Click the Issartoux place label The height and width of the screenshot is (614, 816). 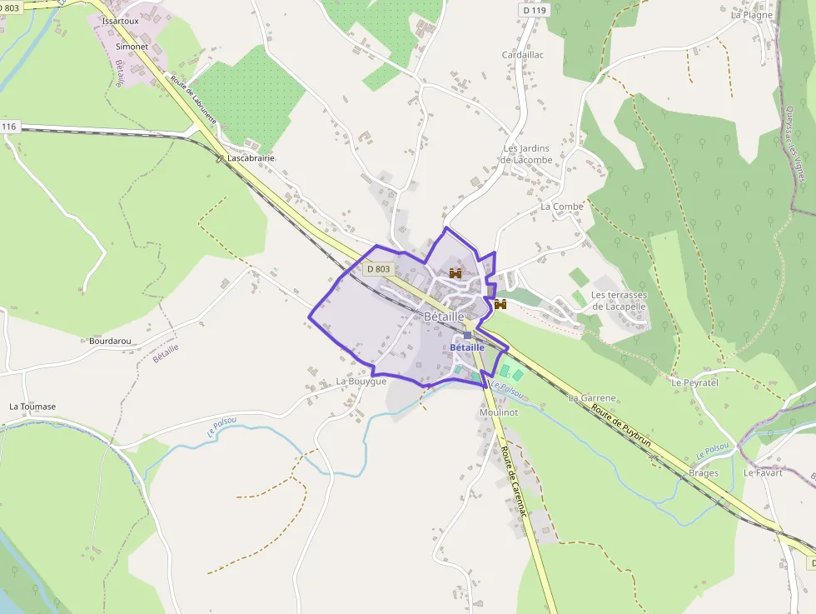120,20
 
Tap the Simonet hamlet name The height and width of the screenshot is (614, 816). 132,47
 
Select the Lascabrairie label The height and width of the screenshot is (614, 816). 251,157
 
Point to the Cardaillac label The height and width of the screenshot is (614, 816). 523,55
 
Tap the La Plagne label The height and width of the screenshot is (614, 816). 752,15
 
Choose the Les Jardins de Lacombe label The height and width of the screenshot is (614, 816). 528,154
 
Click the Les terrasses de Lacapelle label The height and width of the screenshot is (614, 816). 619,301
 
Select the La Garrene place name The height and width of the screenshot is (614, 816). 592,398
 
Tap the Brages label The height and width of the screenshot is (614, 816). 704,473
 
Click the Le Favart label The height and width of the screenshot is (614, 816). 763,472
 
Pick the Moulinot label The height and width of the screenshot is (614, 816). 500,413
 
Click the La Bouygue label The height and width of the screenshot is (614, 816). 361,381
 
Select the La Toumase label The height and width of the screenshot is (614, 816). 32,407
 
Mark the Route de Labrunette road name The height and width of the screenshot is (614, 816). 194,101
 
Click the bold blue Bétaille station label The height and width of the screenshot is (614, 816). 466,347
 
